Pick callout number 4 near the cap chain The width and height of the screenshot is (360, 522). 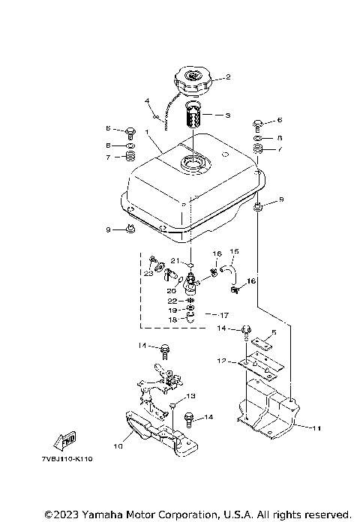click(x=148, y=100)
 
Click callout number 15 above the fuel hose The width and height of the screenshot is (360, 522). click(x=233, y=251)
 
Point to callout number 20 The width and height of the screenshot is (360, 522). click(x=171, y=291)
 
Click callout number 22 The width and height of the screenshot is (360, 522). click(x=172, y=301)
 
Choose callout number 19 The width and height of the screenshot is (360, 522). click(x=172, y=310)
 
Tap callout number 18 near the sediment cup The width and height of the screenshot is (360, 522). click(x=172, y=319)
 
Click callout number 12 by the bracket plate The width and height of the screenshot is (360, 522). click(x=221, y=361)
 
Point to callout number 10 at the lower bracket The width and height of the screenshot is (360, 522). click(x=117, y=446)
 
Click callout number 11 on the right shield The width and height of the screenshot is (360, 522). click(x=316, y=427)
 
